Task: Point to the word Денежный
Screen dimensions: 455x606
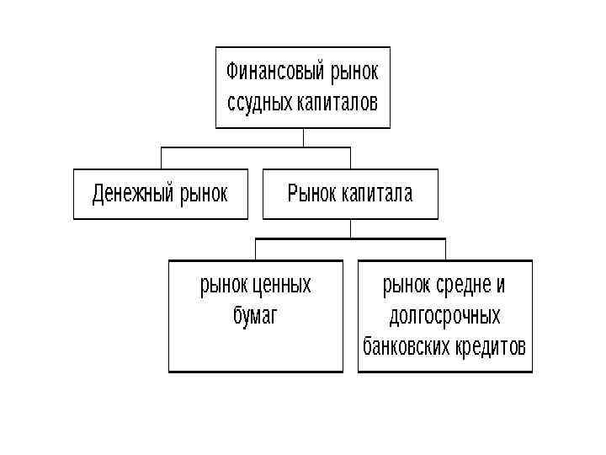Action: tap(133, 195)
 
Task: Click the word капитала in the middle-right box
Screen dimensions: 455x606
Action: tap(377, 195)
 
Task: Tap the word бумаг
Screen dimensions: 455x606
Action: tap(255, 316)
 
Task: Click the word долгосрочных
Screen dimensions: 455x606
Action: tap(444, 316)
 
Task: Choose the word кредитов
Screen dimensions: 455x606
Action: tap(491, 346)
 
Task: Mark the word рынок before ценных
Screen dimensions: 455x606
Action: tap(225, 286)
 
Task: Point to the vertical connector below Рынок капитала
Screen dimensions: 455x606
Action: tap(350, 229)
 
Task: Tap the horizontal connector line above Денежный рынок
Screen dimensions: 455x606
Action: tap(210, 147)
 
